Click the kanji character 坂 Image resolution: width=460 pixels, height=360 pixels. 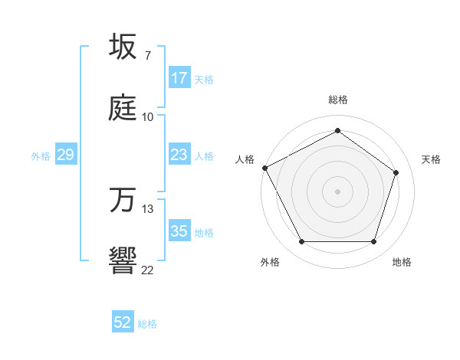[x=123, y=47]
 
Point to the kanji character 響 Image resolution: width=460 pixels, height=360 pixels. [x=123, y=260]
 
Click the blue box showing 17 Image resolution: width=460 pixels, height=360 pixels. [x=179, y=78]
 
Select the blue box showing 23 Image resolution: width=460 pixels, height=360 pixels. [x=179, y=155]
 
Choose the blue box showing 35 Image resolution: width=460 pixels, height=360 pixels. [x=179, y=231]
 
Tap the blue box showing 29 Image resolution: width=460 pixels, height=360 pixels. [x=65, y=155]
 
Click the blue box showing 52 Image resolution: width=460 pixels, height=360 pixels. [x=123, y=323]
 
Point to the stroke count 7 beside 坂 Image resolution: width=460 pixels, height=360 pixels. [x=148, y=56]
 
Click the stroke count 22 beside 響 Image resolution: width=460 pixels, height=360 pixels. [x=148, y=269]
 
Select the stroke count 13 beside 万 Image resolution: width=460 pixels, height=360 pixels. [x=148, y=208]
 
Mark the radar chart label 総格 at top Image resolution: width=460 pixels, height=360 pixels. [x=338, y=100]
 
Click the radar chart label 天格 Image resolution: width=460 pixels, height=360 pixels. [x=432, y=159]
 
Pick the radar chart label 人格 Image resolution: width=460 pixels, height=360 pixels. [x=245, y=159]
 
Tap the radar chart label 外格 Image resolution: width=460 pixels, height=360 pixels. [x=270, y=262]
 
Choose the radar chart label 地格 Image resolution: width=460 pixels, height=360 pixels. [x=402, y=262]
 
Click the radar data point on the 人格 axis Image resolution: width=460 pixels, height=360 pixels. [x=265, y=168]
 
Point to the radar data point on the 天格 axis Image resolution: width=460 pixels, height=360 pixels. [x=396, y=172]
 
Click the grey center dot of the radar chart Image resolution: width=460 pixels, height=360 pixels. [x=337, y=191]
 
